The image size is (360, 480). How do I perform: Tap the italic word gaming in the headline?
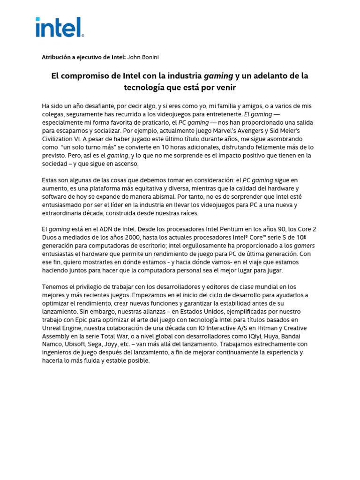pos(217,76)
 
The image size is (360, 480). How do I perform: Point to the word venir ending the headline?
pos(225,88)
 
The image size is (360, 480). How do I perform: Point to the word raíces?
pos(187,213)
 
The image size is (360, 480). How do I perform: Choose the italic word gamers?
pos(305,246)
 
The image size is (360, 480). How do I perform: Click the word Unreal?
pos(53,328)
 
